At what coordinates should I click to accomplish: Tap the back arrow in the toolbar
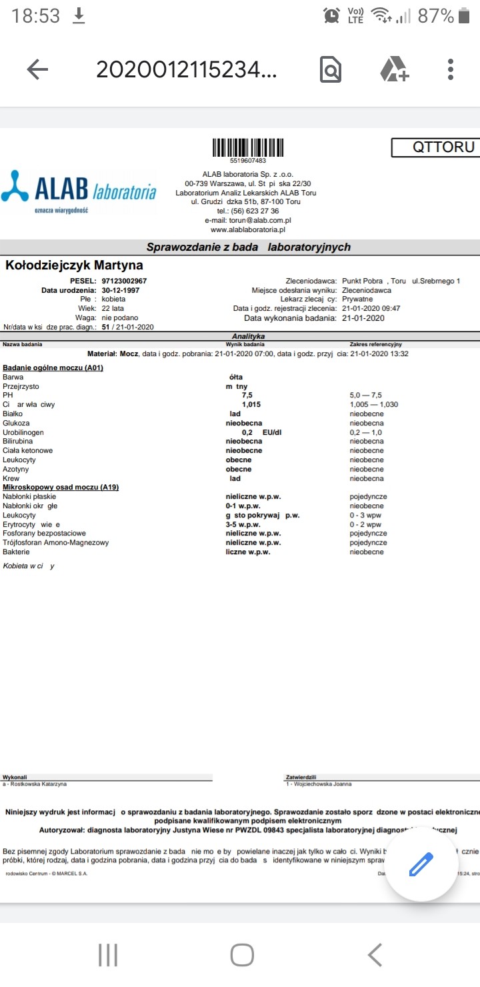[x=37, y=69]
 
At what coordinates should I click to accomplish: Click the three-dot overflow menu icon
[x=451, y=69]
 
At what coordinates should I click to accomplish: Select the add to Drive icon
[x=394, y=69]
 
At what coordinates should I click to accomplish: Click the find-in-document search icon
[x=331, y=69]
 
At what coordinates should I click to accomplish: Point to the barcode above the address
[x=247, y=147]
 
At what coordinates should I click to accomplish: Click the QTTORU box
[x=435, y=147]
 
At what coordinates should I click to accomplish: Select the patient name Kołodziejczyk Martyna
[x=75, y=265]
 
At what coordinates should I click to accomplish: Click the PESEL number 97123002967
[x=125, y=281]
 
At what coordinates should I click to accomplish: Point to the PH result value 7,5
[x=247, y=395]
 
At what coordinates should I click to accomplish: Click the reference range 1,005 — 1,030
[x=373, y=405]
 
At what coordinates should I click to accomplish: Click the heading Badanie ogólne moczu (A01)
[x=53, y=368]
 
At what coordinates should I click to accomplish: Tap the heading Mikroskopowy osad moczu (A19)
[x=61, y=487]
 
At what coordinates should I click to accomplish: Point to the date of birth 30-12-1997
[x=121, y=291]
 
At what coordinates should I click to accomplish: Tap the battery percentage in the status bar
[x=435, y=16]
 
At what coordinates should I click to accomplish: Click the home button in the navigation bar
[x=241, y=955]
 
